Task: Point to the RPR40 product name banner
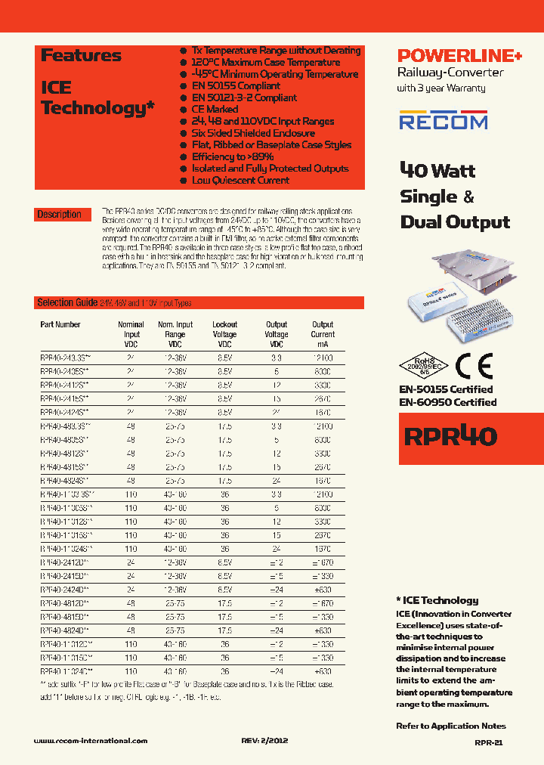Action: point(451,437)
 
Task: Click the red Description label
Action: point(60,215)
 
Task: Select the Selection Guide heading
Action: point(66,302)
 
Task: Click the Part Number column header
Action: point(60,325)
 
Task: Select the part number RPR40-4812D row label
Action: point(65,604)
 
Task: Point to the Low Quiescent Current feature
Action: point(240,181)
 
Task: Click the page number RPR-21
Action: point(489,742)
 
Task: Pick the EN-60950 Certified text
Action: point(447,402)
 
